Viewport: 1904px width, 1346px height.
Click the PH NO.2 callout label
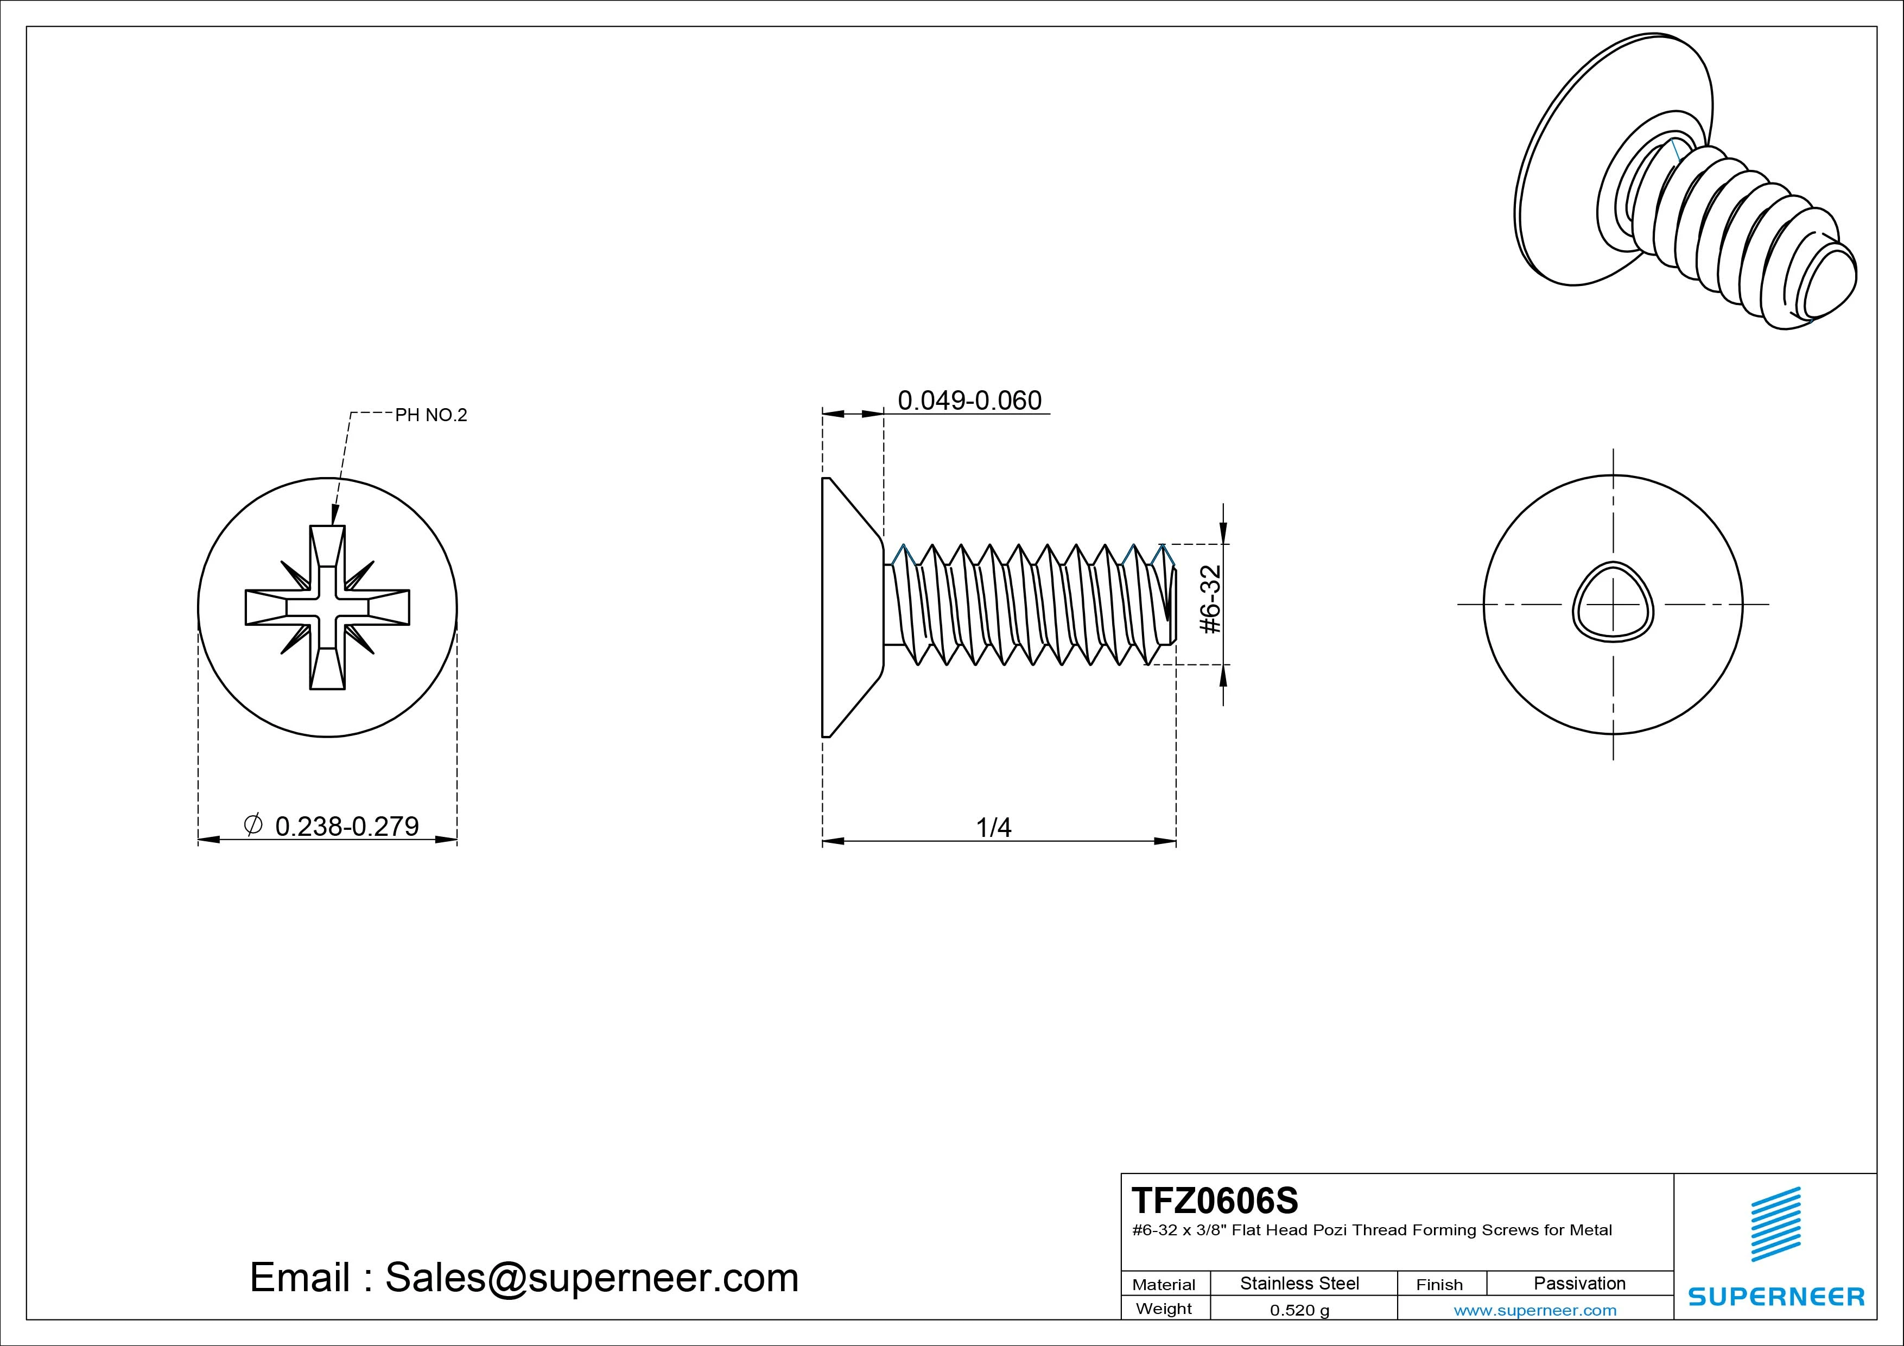(x=430, y=416)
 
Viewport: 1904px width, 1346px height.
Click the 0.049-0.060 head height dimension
(x=969, y=401)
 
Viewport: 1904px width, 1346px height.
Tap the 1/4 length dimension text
(x=993, y=828)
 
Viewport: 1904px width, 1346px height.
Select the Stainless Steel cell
(x=1299, y=1284)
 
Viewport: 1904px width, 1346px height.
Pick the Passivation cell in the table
(x=1579, y=1284)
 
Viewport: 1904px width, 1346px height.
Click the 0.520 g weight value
(x=1299, y=1310)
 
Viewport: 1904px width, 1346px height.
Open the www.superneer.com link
(x=1535, y=1310)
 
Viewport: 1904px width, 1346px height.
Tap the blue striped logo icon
(x=1775, y=1225)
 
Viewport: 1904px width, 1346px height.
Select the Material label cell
(x=1164, y=1285)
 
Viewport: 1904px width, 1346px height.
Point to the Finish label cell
(x=1439, y=1285)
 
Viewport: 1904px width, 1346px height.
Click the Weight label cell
(x=1164, y=1309)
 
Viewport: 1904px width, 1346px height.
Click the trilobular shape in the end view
(x=1613, y=603)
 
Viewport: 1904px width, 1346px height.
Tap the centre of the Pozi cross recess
(x=328, y=607)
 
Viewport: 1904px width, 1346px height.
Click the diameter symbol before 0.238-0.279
(x=254, y=824)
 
